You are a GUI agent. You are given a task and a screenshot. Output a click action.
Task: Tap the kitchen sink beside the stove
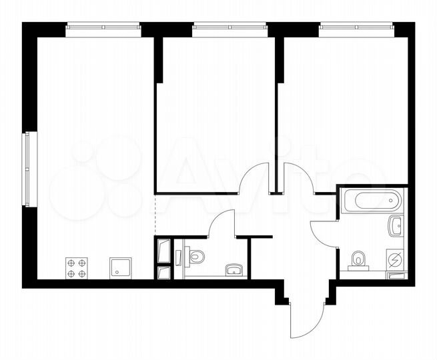click(x=121, y=267)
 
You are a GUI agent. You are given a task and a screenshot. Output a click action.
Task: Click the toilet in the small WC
click(x=194, y=255)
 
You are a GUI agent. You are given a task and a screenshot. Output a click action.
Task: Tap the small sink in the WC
click(x=234, y=269)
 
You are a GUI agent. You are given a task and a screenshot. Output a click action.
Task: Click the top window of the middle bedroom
click(x=230, y=27)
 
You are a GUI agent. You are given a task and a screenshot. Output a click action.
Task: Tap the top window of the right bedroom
click(x=356, y=27)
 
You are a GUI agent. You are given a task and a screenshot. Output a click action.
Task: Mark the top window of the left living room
click(x=103, y=27)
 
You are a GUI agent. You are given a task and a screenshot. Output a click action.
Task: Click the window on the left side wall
click(x=27, y=169)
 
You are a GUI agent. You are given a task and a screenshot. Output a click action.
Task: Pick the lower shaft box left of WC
click(x=163, y=272)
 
